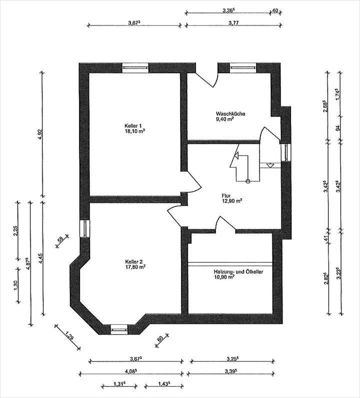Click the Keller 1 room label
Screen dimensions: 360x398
(x=133, y=126)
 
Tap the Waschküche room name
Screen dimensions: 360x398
(x=230, y=114)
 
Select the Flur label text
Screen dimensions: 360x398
(x=226, y=196)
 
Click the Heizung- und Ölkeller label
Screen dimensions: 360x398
(x=238, y=272)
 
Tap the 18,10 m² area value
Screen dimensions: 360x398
(x=134, y=131)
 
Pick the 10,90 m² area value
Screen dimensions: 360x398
(x=224, y=277)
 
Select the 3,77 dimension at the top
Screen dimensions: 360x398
(x=233, y=23)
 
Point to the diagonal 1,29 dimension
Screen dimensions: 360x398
(x=69, y=335)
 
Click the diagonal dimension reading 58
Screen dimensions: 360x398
(x=60, y=239)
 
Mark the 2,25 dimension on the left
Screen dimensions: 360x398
(x=15, y=230)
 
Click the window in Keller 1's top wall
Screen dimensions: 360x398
(x=135, y=68)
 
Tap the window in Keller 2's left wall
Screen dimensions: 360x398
(x=84, y=228)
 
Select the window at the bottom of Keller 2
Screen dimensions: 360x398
(x=119, y=329)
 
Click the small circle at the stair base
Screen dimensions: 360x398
(x=247, y=181)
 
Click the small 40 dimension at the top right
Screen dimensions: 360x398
(x=275, y=11)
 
